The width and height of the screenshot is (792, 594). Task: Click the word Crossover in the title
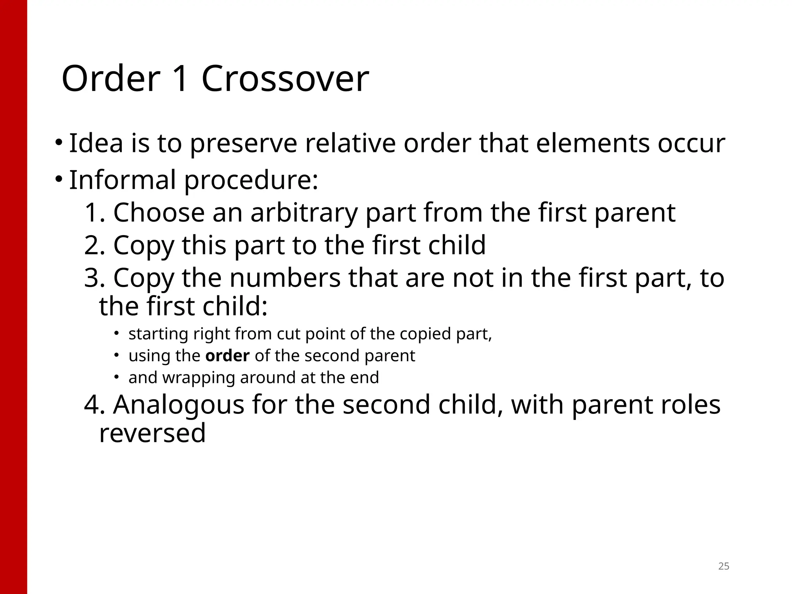click(x=285, y=79)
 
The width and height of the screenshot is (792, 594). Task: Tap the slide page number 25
click(x=724, y=566)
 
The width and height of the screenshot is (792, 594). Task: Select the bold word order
click(x=227, y=356)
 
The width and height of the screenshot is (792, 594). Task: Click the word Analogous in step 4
click(x=179, y=404)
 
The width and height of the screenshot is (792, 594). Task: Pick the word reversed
click(x=152, y=433)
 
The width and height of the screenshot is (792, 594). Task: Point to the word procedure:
click(x=251, y=181)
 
